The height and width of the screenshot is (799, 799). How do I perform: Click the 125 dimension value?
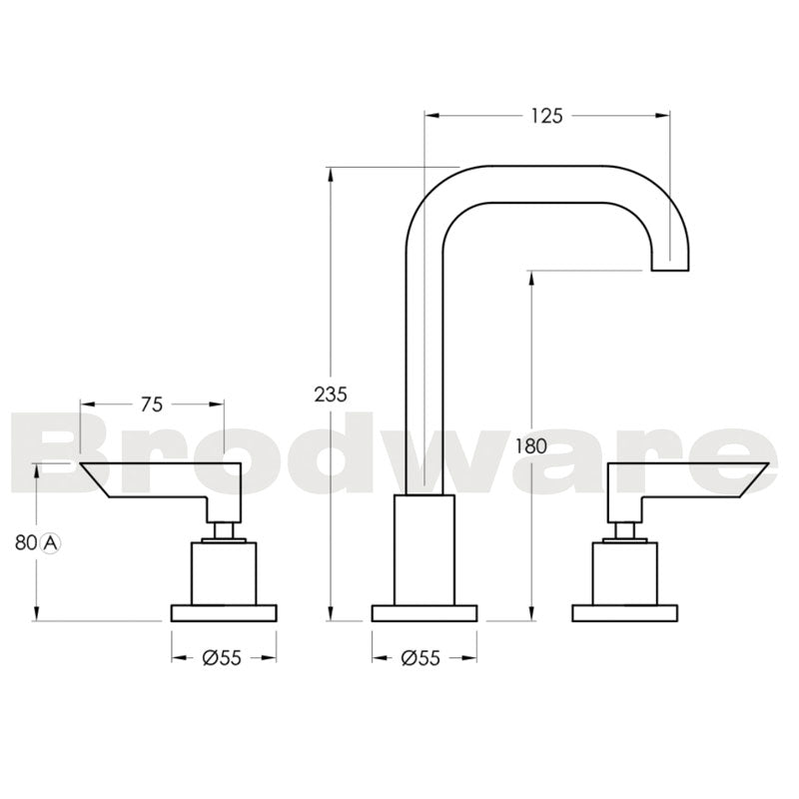point(546,116)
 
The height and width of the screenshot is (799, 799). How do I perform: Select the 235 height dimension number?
point(331,394)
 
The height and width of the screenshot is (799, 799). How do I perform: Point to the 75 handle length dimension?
point(152,404)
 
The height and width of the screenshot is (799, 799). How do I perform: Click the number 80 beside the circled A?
point(26,543)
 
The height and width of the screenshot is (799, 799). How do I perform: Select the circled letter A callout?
point(51,543)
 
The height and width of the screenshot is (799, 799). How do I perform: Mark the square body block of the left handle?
point(224,573)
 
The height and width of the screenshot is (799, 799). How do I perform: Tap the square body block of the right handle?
point(625,573)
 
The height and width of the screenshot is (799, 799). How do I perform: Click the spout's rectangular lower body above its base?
point(424,549)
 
